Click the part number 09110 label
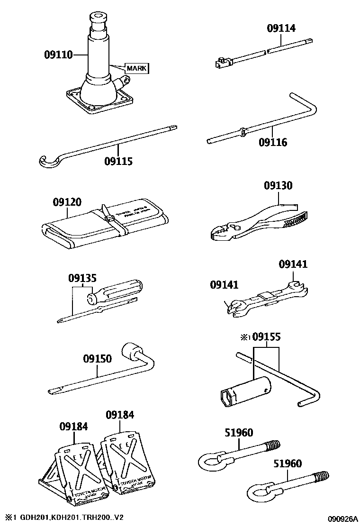click(58, 55)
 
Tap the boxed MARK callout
click(136, 69)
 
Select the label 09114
click(281, 28)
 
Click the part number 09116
click(273, 142)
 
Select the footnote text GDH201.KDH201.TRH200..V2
click(71, 517)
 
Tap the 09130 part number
click(278, 186)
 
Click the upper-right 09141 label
click(293, 264)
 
